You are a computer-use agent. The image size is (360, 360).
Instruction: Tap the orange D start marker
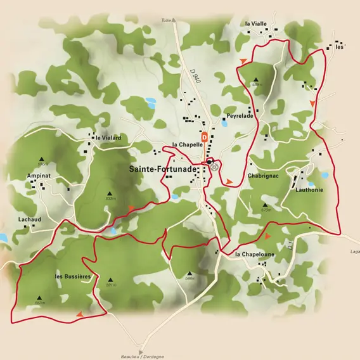[205, 136]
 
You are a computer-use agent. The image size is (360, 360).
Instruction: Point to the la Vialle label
[256, 23]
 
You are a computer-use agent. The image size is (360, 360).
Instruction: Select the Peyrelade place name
[240, 117]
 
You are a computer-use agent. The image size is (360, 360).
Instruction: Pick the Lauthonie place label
[309, 190]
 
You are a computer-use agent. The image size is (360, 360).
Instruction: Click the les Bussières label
[74, 277]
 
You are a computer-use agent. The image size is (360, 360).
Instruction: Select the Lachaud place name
[30, 219]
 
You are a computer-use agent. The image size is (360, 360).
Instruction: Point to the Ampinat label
[39, 175]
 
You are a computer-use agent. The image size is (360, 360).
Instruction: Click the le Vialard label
[108, 138]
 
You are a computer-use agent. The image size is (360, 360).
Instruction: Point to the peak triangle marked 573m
[264, 204]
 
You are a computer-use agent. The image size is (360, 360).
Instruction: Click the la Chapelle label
[187, 145]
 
